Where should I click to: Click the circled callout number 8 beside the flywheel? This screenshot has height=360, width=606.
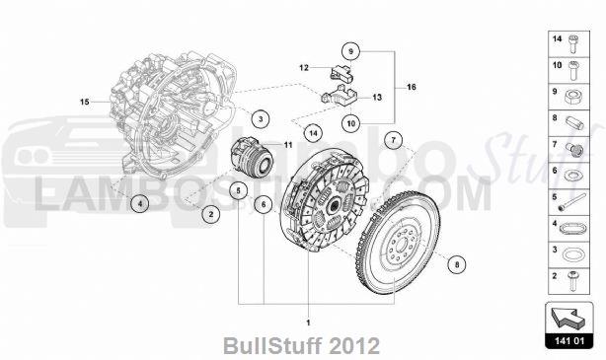click(456, 264)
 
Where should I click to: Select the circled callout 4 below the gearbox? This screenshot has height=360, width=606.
click(141, 204)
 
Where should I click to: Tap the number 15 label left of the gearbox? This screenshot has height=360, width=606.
click(85, 102)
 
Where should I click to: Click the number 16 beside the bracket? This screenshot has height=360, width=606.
click(412, 88)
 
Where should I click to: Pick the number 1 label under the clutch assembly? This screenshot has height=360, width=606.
click(308, 323)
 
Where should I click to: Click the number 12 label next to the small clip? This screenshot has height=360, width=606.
click(305, 67)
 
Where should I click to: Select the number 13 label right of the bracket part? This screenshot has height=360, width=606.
click(376, 98)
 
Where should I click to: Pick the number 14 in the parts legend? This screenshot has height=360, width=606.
click(556, 38)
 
